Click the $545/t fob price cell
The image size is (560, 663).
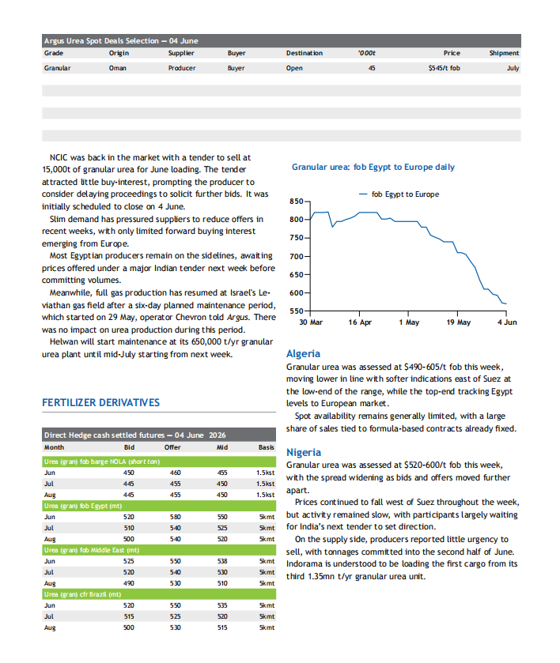tap(444, 68)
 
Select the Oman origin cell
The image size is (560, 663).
tap(117, 68)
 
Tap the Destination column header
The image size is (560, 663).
tap(304, 53)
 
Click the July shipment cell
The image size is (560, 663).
tap(513, 68)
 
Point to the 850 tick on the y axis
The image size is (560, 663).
tap(297, 202)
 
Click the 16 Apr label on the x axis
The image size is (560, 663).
tap(360, 322)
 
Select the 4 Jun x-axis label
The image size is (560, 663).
tap(507, 322)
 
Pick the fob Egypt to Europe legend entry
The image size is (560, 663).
tap(399, 194)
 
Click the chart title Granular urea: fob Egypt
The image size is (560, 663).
tap(373, 167)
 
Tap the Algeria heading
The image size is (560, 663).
tap(303, 353)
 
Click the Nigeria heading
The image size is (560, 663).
tap(304, 453)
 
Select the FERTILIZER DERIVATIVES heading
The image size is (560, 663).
tap(100, 402)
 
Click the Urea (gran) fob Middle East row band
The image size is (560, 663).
tap(159, 550)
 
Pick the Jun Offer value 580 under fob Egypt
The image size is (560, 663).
tap(176, 517)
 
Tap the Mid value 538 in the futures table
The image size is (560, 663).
tap(222, 561)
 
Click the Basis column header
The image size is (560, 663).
tap(267, 447)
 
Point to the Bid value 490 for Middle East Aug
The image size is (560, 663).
tap(129, 583)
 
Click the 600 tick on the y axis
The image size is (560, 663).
tap(297, 292)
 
